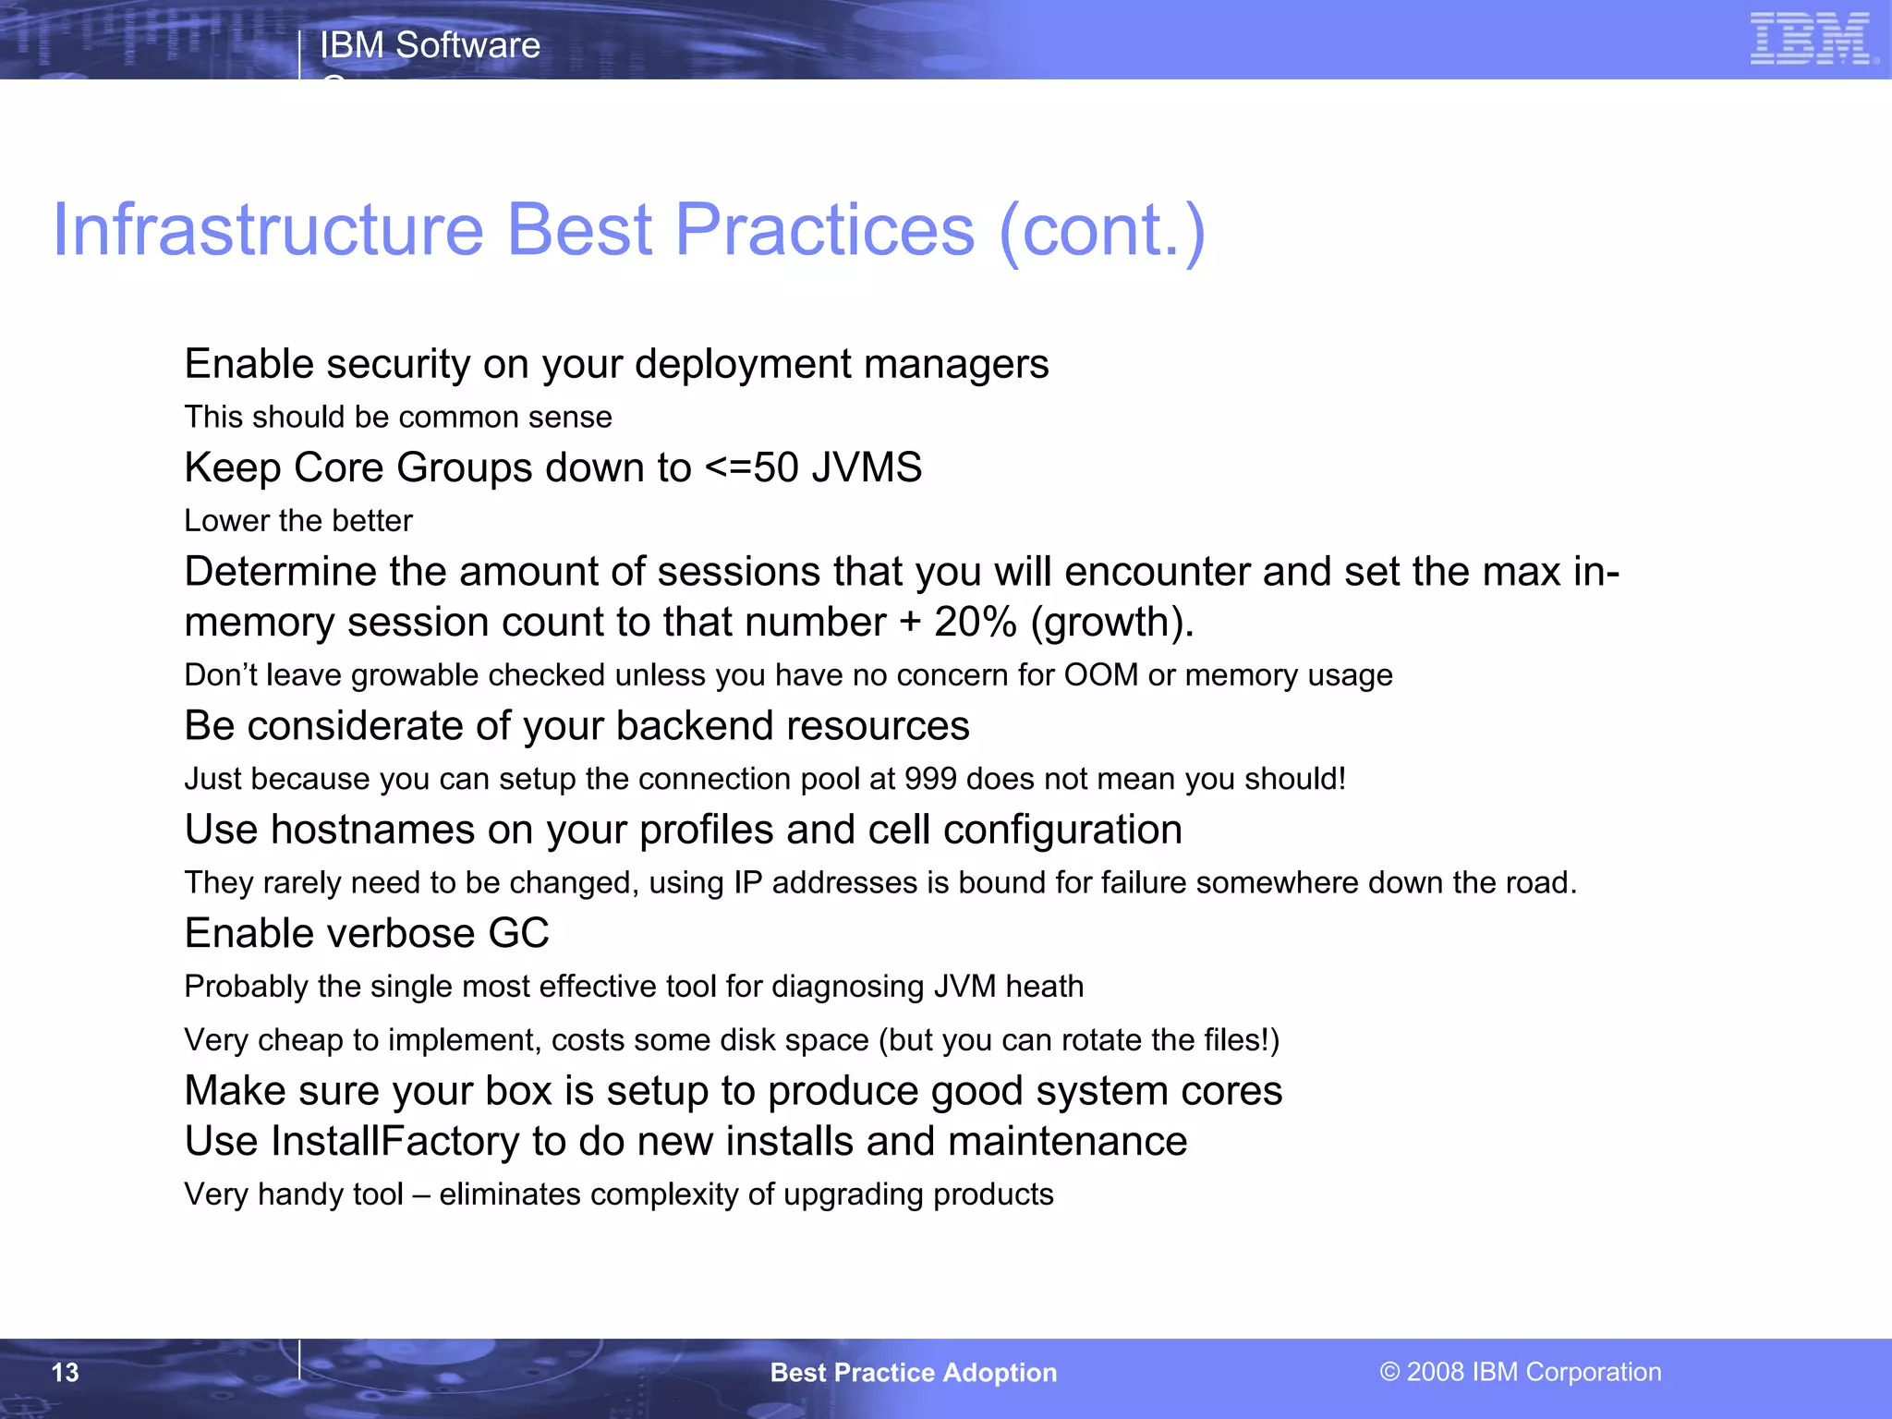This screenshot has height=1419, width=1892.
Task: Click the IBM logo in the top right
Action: tap(1812, 39)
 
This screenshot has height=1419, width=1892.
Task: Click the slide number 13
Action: tap(65, 1373)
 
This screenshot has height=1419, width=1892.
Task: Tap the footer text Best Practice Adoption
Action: tap(913, 1373)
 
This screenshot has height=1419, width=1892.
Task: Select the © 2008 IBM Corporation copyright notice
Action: tap(1521, 1372)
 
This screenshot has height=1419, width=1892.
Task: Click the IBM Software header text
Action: tap(430, 45)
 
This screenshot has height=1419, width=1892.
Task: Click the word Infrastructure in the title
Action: tap(268, 230)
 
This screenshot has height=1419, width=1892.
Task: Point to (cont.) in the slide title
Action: tap(1102, 230)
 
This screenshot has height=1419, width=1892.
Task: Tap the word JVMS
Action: tap(867, 467)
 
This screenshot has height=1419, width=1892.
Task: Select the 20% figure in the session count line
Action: tap(976, 623)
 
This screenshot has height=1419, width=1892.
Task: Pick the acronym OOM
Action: tap(1101, 675)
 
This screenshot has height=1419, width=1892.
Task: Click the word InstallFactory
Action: tap(394, 1142)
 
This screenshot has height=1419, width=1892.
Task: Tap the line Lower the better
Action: tap(298, 521)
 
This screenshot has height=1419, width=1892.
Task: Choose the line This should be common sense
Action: tap(397, 418)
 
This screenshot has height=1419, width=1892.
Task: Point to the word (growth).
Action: tap(1111, 624)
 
